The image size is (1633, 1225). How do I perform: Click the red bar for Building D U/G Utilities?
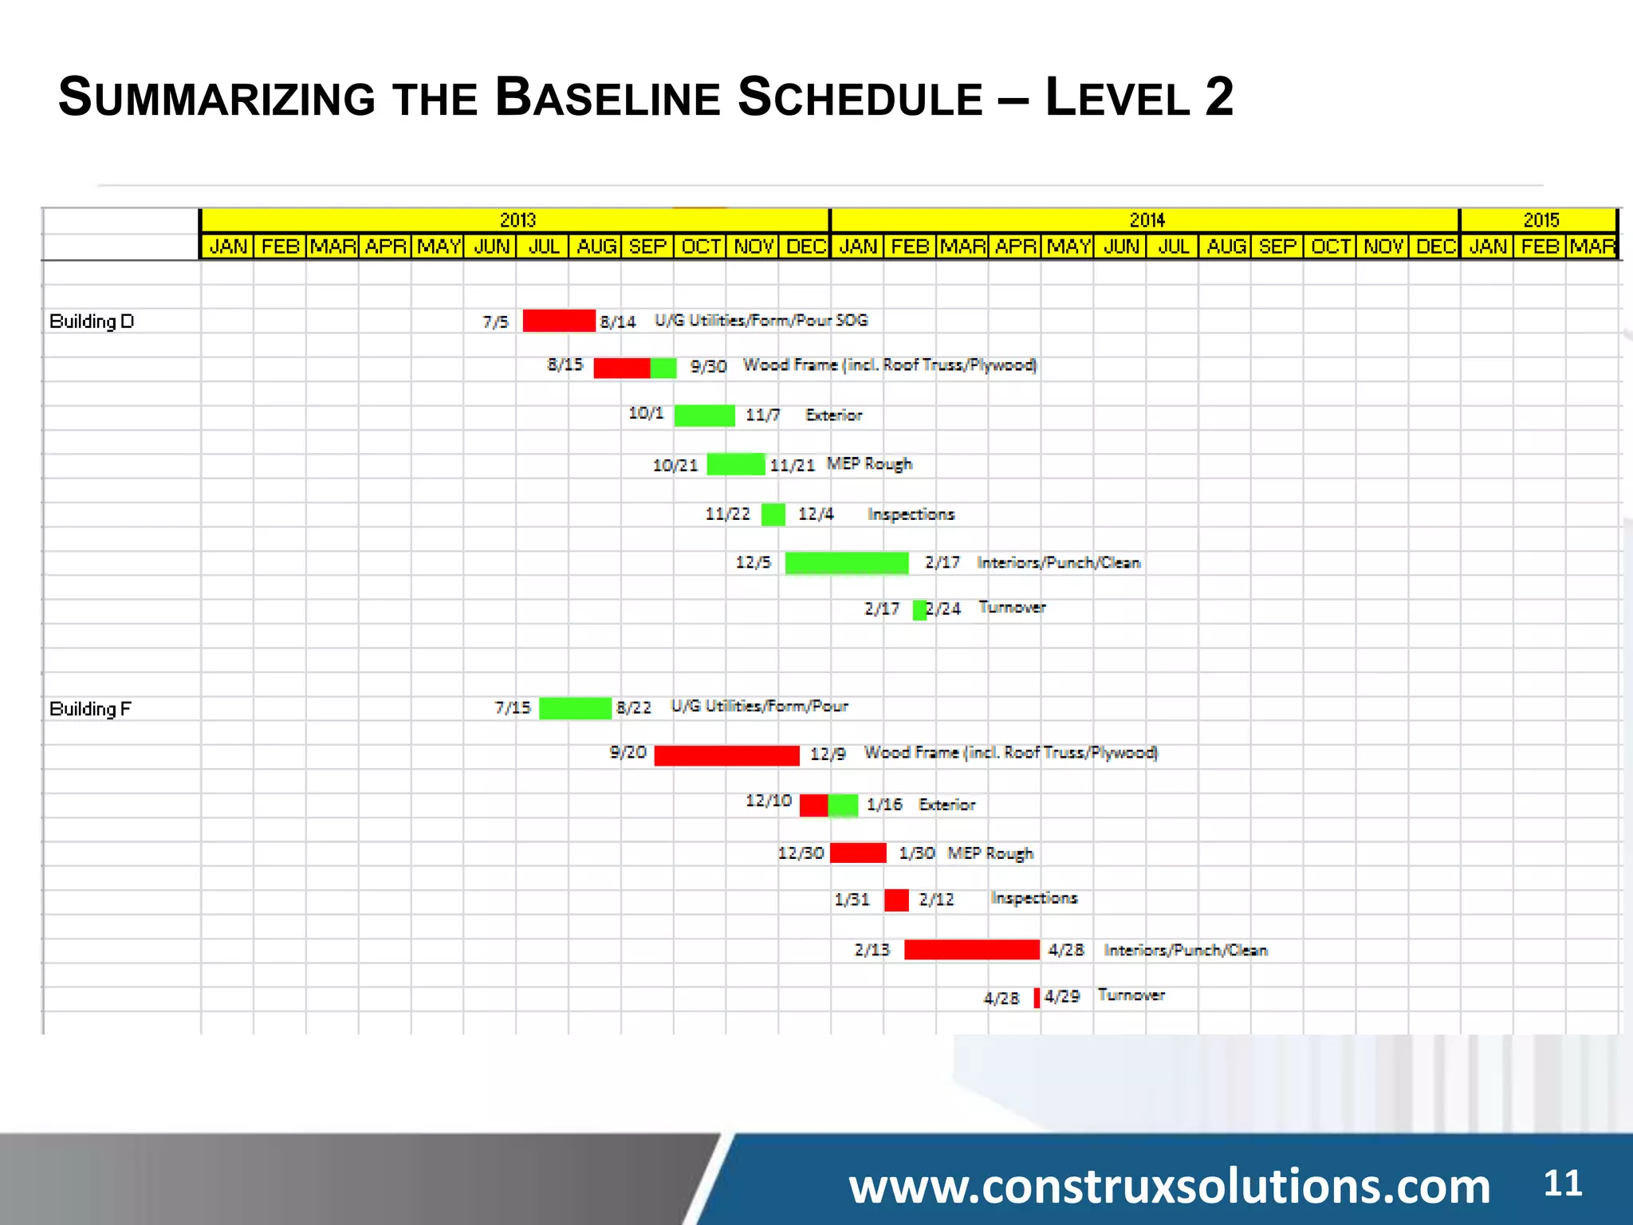click(x=558, y=321)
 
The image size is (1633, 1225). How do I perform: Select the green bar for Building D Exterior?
click(x=704, y=416)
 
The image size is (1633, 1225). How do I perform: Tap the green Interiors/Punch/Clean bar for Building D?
click(x=846, y=563)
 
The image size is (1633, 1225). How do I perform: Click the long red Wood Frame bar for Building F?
click(x=726, y=755)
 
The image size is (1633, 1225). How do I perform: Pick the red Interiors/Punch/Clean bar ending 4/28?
click(x=971, y=950)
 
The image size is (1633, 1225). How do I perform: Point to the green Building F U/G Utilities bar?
click(x=575, y=708)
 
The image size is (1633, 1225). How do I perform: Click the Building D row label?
click(x=92, y=321)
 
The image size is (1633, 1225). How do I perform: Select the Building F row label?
click(x=90, y=709)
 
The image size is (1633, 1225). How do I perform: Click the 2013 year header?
click(x=517, y=220)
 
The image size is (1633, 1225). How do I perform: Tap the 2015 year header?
click(x=1540, y=220)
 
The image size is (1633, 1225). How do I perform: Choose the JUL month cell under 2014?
click(x=1173, y=246)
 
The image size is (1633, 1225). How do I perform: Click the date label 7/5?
click(x=495, y=322)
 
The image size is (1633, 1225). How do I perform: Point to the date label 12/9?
click(x=827, y=754)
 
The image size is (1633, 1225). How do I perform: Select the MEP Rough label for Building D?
click(x=869, y=464)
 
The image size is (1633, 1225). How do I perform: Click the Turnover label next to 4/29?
click(x=1131, y=995)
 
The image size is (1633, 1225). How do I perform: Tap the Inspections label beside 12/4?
click(x=911, y=514)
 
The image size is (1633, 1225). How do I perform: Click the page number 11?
click(x=1562, y=1183)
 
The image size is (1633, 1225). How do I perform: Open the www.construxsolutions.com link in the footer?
click(x=1169, y=1186)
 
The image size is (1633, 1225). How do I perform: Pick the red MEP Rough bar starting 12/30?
click(x=858, y=853)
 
